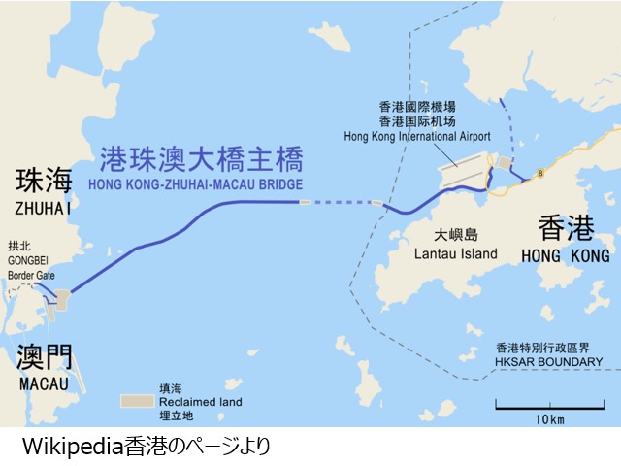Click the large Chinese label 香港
(567, 229)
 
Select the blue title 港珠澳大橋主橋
(202, 158)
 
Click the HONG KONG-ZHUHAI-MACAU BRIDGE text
(195, 183)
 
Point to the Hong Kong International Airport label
(417, 136)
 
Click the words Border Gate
(31, 276)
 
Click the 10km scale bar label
(549, 420)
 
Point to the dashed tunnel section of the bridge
(340, 202)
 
